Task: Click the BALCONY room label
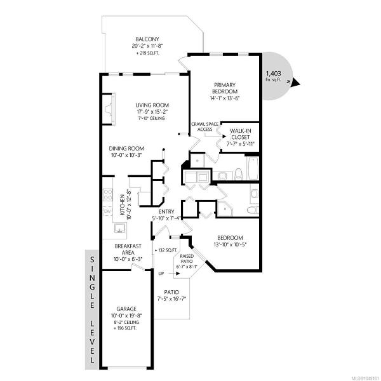(x=147, y=39)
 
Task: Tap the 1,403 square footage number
(x=273, y=74)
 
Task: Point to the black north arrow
(x=296, y=82)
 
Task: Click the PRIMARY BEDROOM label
(x=225, y=88)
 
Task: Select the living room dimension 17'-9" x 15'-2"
(x=152, y=112)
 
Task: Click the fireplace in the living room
(x=109, y=109)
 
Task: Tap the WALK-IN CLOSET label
(x=241, y=134)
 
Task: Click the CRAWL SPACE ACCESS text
(x=205, y=127)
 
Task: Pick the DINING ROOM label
(x=126, y=149)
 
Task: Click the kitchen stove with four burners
(x=108, y=195)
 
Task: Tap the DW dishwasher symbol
(x=107, y=211)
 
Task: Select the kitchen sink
(x=120, y=229)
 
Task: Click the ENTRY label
(x=166, y=211)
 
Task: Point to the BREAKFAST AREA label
(x=128, y=250)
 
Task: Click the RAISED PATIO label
(x=187, y=259)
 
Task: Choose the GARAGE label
(x=126, y=309)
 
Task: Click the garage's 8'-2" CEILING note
(x=126, y=323)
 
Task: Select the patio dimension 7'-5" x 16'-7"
(x=171, y=298)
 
